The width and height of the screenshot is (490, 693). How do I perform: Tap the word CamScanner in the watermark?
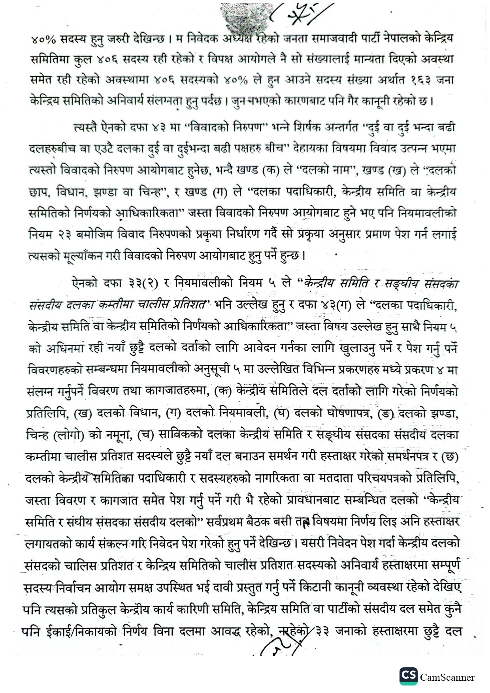pos(447,678)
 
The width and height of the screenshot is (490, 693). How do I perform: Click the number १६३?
pos(423,80)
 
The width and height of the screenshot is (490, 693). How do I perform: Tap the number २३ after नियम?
pos(63,234)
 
